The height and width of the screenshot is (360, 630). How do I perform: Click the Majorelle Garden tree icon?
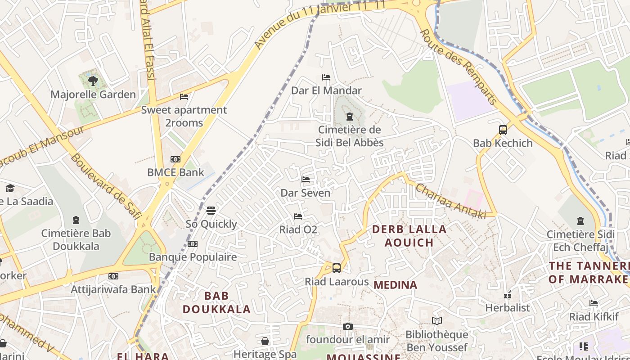(x=93, y=81)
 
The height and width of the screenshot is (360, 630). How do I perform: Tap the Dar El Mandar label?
(x=326, y=90)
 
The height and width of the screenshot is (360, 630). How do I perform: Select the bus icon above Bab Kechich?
(x=503, y=130)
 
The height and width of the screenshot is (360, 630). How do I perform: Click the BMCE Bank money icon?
(x=175, y=159)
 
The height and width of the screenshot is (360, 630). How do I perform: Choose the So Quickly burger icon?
(x=211, y=211)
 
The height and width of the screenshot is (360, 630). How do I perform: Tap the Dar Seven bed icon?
(x=306, y=180)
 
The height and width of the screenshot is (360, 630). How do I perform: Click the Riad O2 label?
(x=298, y=230)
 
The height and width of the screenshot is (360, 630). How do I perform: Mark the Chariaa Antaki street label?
(x=450, y=201)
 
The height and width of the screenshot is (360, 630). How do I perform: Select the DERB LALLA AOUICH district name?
(x=409, y=236)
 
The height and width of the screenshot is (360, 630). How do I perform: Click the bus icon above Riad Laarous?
(x=337, y=268)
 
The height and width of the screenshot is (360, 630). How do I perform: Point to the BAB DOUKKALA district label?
(x=216, y=302)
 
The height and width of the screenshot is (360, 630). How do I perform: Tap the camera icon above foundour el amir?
(x=348, y=326)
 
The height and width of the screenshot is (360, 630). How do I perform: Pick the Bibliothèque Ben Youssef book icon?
(x=437, y=321)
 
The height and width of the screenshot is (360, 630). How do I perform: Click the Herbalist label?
(x=508, y=308)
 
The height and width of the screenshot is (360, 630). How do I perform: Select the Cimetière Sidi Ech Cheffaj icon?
(x=580, y=221)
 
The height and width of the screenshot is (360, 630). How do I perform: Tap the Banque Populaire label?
(x=193, y=257)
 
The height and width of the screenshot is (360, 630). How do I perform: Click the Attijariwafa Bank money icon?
(x=113, y=276)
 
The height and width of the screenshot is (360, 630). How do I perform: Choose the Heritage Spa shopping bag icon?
(x=265, y=341)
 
